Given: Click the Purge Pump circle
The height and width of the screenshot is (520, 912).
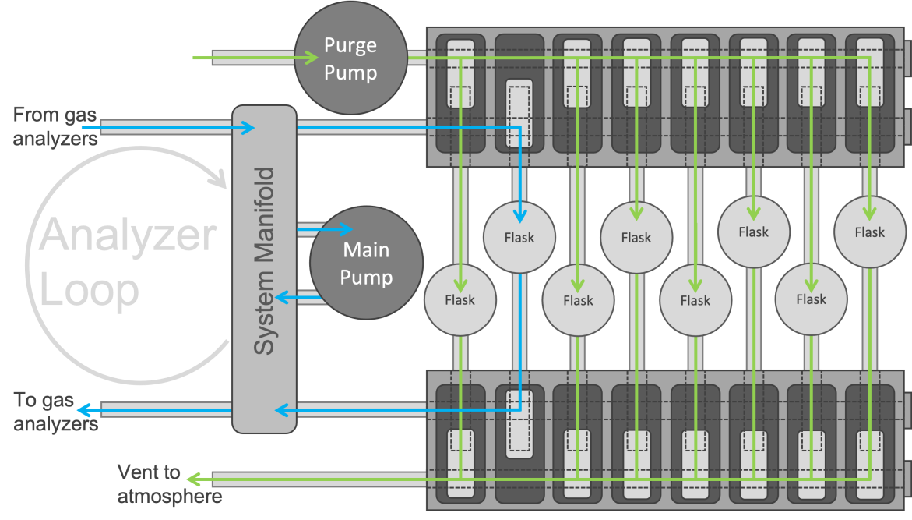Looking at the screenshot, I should [x=350, y=59].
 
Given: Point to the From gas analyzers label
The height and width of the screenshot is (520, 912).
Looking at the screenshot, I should [x=55, y=127].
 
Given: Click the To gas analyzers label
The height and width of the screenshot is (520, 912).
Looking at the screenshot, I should [x=55, y=412].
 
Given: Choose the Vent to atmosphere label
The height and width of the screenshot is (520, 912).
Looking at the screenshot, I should [x=169, y=483].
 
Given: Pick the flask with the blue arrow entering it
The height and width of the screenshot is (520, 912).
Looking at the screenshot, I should [x=519, y=237].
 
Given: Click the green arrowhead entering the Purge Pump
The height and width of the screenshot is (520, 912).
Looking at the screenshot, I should [x=313, y=57].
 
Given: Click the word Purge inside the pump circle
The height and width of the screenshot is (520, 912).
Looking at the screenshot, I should [x=350, y=45].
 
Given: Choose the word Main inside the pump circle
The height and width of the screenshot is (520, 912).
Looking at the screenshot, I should [x=366, y=250].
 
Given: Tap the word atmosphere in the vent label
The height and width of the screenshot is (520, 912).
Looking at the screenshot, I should [x=169, y=496].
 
